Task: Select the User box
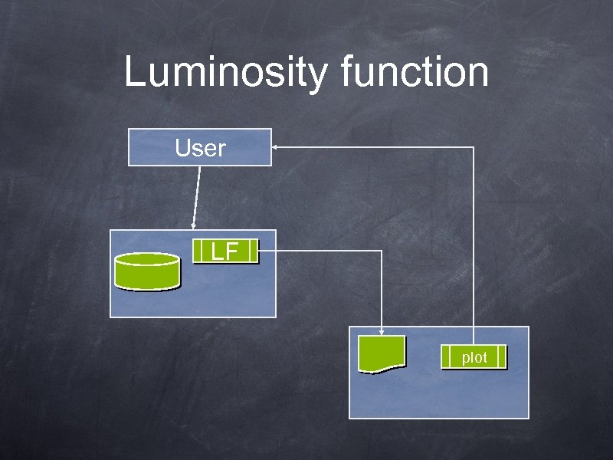point(199,147)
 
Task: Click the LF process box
point(225,251)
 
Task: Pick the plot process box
point(474,357)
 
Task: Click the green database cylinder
point(147,271)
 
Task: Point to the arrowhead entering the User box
point(276,146)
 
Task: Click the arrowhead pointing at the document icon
point(382,330)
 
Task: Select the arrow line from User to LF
point(197,195)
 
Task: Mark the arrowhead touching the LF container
point(192,225)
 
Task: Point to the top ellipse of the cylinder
point(147,259)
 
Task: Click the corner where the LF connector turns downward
point(382,251)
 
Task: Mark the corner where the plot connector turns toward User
point(474,146)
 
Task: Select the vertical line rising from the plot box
point(474,245)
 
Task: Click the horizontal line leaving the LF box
point(322,251)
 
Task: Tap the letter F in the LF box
point(231,251)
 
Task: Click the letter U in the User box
point(182,147)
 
